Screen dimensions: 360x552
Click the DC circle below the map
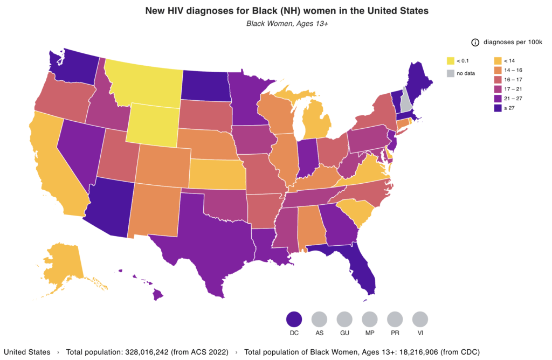[x=294, y=320]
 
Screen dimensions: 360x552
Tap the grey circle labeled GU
[x=344, y=320]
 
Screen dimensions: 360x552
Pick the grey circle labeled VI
[x=420, y=320]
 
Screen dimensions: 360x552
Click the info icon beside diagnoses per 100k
[x=475, y=43]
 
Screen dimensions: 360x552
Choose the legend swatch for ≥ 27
[x=497, y=108]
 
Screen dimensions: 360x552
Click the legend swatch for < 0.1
[x=451, y=60]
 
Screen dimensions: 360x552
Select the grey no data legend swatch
[x=451, y=73]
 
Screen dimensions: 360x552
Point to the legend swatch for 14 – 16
[x=497, y=70]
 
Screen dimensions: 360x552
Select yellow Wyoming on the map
[x=150, y=124]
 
